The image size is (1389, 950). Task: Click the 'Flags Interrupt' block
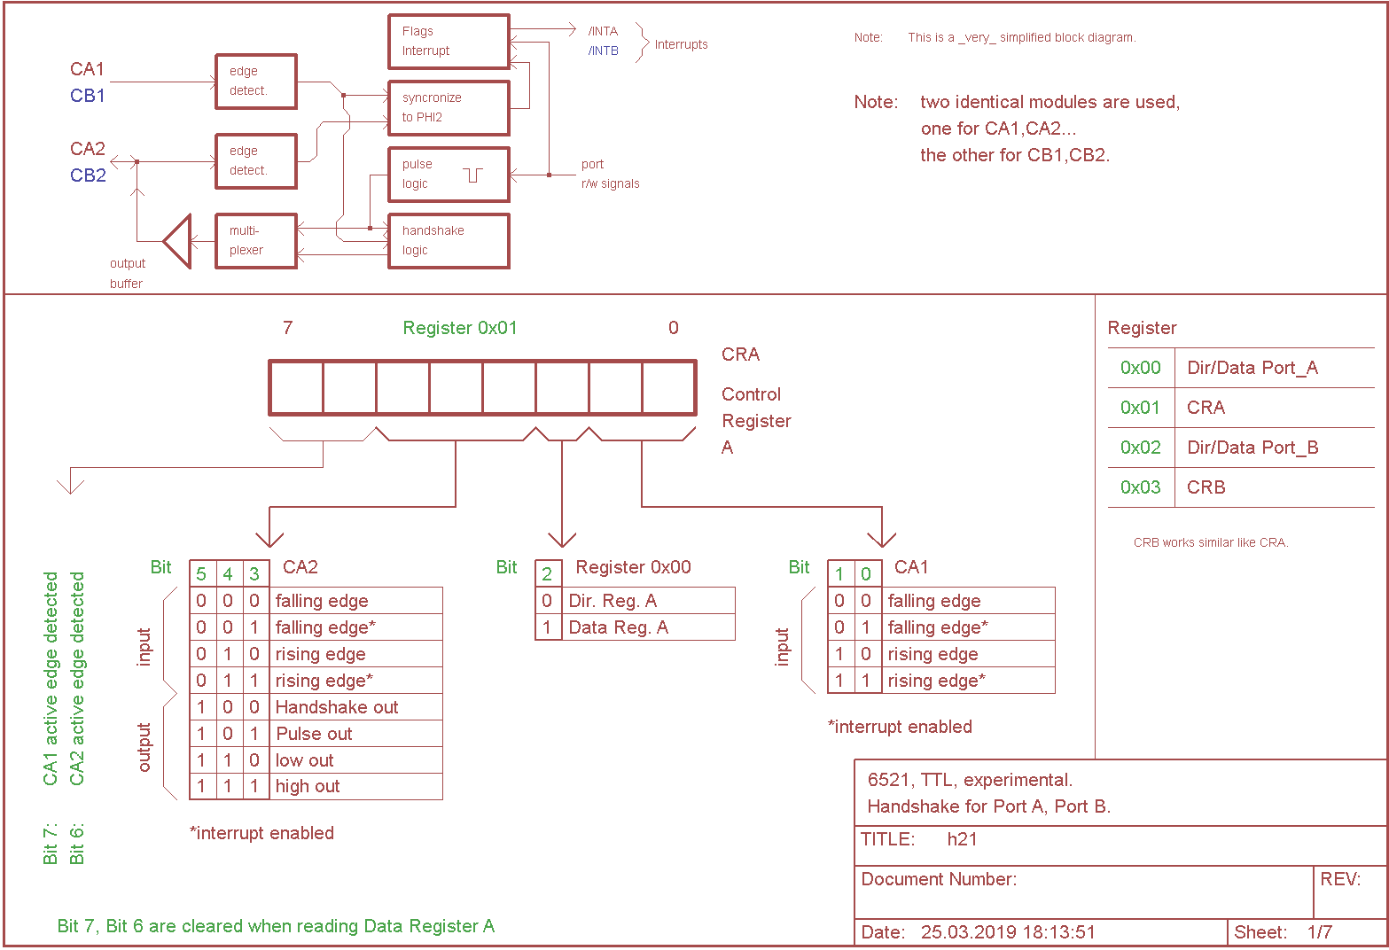coord(449,42)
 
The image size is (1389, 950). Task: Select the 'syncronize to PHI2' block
coord(449,108)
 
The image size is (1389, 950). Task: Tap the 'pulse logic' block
coord(449,175)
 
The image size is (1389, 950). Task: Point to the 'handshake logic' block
coord(449,241)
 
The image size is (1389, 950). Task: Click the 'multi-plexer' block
coord(256,241)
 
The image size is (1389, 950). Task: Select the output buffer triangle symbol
coord(178,241)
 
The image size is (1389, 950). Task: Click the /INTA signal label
coord(603,31)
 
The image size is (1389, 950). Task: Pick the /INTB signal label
coord(603,51)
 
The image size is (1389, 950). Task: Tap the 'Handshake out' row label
coord(337,707)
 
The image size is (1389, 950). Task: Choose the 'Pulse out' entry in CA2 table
coord(314,734)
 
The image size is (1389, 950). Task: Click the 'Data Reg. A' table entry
coord(618,627)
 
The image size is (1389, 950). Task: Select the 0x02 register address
coord(1140,448)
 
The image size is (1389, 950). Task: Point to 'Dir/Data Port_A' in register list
coord(1252,368)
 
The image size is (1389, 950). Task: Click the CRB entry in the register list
coord(1206,487)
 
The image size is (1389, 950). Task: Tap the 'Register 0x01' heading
coord(460,328)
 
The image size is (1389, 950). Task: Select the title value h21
coord(962,839)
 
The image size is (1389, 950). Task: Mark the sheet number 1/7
coord(1319,932)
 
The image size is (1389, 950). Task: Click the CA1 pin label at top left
coord(88,69)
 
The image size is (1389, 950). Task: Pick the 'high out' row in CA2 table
coord(308,786)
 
